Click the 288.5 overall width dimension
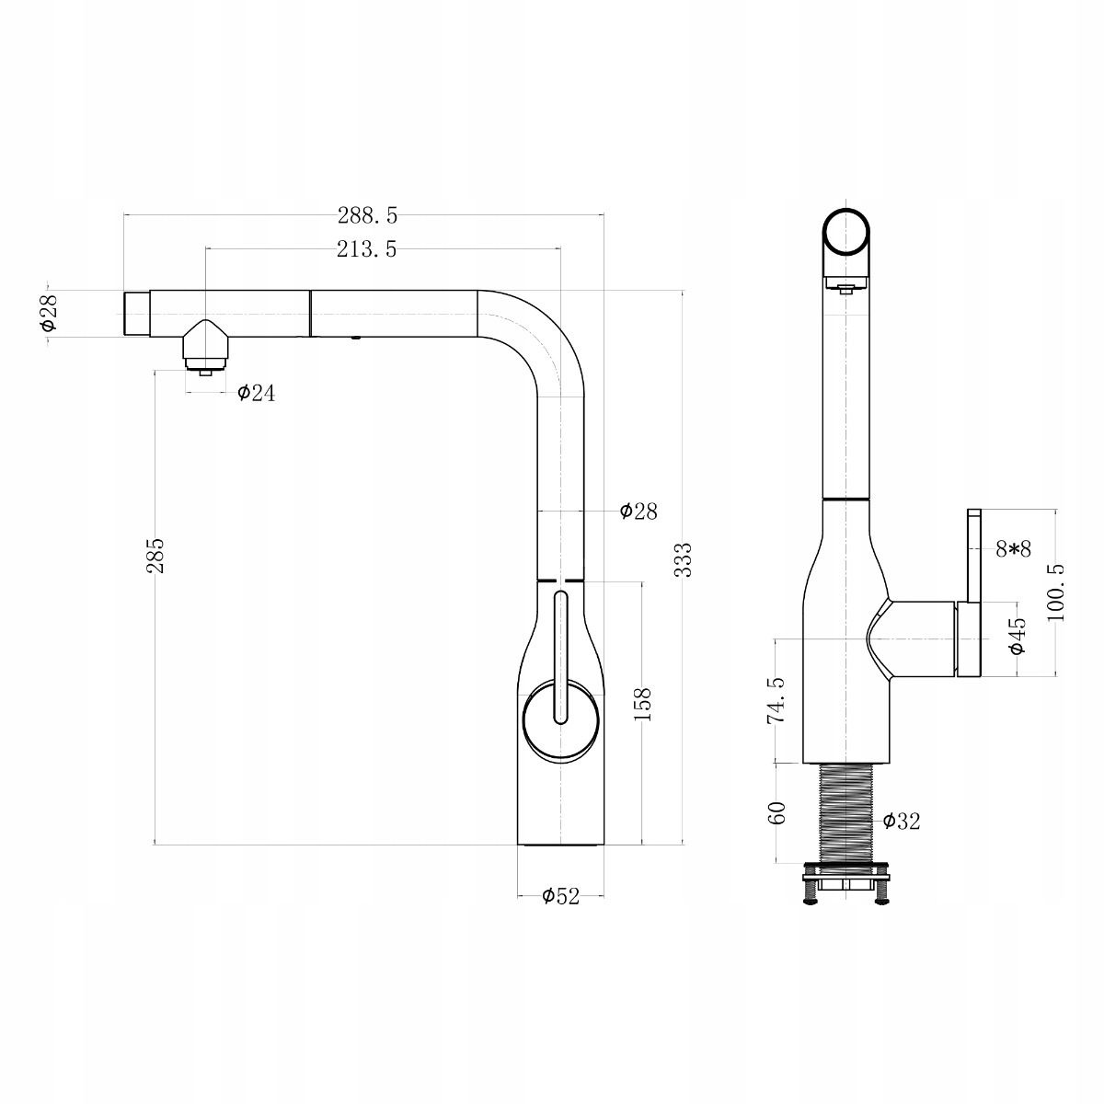pos(367,216)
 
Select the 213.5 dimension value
pos(367,250)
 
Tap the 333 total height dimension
pos(684,559)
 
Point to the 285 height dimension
pos(155,555)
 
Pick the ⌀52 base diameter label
pos(561,896)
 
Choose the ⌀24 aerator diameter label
pos(256,393)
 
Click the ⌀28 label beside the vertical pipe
pos(638,511)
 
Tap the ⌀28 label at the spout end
pos(49,313)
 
